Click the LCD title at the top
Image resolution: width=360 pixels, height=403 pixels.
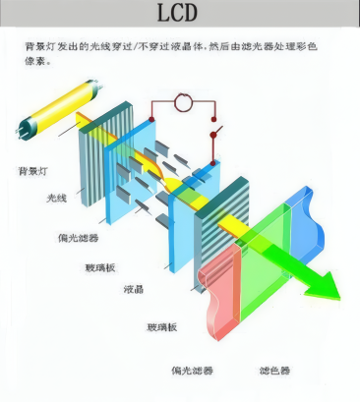tap(180, 14)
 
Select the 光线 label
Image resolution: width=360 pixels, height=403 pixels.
tap(58, 199)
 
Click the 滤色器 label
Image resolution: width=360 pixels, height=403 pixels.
tap(273, 371)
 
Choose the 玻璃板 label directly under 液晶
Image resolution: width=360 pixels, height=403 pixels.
tap(161, 325)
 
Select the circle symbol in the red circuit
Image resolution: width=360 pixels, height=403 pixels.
tap(182, 103)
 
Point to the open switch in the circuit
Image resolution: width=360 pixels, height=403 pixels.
tap(215, 132)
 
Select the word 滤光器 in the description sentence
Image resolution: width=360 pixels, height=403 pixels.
tap(261, 46)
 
